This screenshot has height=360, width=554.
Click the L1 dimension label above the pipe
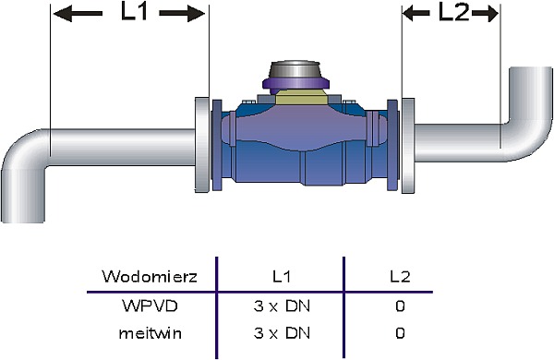click(x=134, y=12)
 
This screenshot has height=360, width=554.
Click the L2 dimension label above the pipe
click(x=453, y=13)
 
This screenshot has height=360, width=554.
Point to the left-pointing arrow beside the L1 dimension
click(x=78, y=14)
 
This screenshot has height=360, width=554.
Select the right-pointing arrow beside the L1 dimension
click(x=182, y=14)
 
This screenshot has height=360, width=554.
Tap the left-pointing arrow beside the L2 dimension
click(x=416, y=14)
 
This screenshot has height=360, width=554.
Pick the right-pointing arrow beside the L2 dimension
click(x=485, y=14)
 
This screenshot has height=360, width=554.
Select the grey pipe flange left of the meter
click(x=202, y=145)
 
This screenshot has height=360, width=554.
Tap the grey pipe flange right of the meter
click(x=408, y=146)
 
